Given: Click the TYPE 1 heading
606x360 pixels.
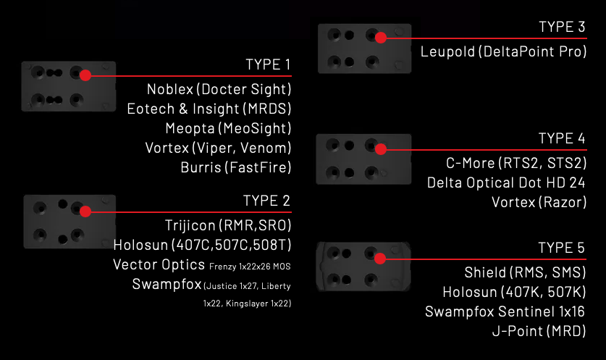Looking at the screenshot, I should [x=269, y=64].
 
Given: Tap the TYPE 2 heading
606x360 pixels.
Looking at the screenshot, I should [x=267, y=201].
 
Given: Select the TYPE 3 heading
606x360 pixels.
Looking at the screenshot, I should [x=562, y=27].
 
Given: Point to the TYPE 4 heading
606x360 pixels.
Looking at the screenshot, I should [x=562, y=138].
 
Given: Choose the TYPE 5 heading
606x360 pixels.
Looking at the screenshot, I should [x=562, y=249].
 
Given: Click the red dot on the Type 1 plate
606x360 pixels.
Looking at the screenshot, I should [x=85, y=75].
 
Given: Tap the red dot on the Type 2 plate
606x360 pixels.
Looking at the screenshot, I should [x=85, y=212].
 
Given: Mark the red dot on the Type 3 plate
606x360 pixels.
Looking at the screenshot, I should [x=381, y=37].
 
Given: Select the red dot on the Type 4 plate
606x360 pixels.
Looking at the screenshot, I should [x=381, y=149].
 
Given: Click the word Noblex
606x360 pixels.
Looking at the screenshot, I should [x=170, y=89].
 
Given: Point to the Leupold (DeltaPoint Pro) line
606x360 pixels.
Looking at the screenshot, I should [x=503, y=53].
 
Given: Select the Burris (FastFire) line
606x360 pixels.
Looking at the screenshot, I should [x=235, y=168].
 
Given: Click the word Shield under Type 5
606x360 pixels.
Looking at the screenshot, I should [x=486, y=273].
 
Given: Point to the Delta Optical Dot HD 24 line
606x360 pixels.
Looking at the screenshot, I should [x=506, y=182].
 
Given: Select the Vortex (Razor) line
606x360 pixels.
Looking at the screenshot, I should [x=539, y=201].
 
